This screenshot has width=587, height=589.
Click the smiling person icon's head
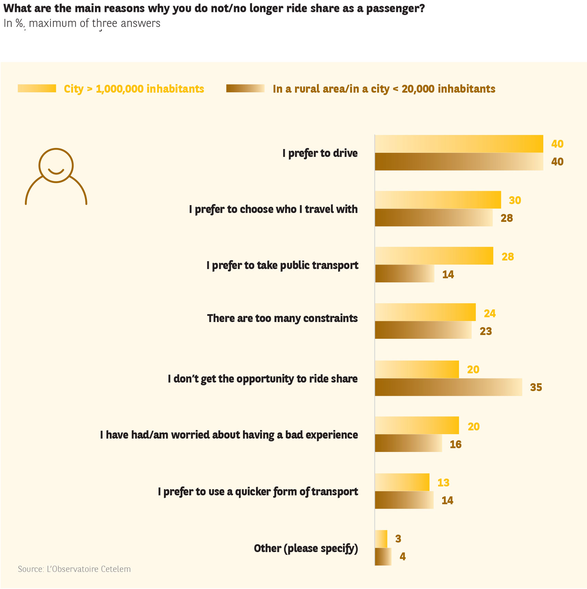coord(56,165)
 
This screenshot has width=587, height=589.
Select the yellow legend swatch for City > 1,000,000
coord(37,89)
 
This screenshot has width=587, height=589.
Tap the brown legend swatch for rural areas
coord(245,89)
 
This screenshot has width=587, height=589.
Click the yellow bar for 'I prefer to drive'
coord(459,144)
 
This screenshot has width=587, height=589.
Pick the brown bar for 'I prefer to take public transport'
coord(405,274)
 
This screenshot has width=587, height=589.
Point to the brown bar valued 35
coord(448,387)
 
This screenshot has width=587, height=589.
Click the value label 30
coord(515,200)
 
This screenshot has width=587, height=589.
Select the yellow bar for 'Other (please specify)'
coord(381,539)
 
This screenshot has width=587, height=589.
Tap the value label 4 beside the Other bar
coord(403,557)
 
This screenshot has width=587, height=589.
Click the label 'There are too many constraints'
coord(282,318)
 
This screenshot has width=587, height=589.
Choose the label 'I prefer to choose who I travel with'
coord(273,209)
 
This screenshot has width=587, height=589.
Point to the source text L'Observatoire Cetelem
coord(74,569)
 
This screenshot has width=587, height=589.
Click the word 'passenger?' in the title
coord(395,8)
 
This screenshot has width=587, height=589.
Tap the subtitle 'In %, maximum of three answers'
coord(82,23)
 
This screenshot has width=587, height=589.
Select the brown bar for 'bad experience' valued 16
coord(408,443)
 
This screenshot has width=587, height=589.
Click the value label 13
coord(443,483)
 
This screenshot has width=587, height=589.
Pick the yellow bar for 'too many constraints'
coord(425,312)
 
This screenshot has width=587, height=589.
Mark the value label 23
coord(486,331)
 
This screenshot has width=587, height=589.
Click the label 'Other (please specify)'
coord(306,548)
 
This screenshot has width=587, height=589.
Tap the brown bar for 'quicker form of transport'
coord(404,500)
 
